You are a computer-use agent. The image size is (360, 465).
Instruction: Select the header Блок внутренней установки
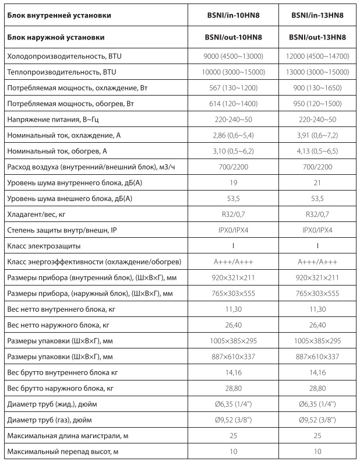click(x=59, y=15)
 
